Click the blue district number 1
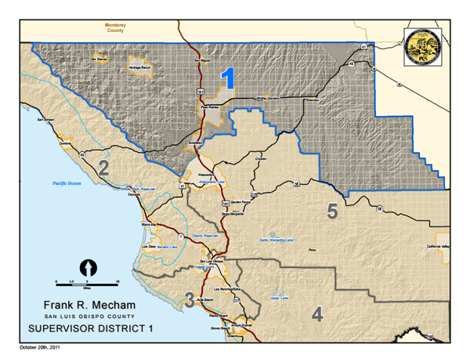(x=229, y=80)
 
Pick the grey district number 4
(x=316, y=314)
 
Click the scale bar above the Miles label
(x=87, y=281)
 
